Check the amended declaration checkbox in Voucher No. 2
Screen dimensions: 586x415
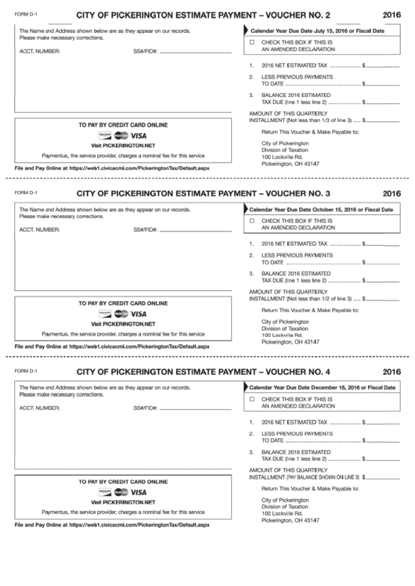(x=252, y=41)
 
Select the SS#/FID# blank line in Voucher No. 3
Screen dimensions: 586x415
(x=195, y=230)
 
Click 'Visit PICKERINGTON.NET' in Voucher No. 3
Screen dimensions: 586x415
(x=123, y=323)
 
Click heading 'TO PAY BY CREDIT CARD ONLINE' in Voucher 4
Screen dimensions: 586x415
(x=123, y=480)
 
